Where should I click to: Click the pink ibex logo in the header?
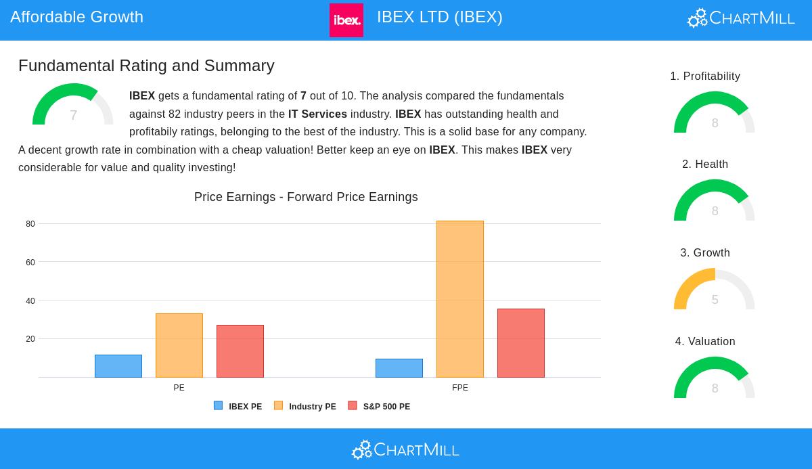click(x=346, y=20)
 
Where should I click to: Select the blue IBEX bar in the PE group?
click(x=118, y=366)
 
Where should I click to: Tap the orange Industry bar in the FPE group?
click(x=460, y=299)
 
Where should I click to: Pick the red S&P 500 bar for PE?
click(x=240, y=351)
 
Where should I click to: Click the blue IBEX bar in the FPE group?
click(x=399, y=368)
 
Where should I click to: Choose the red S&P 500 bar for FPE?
click(x=521, y=343)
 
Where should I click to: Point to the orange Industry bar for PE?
click(x=179, y=345)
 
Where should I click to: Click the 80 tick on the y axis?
click(x=30, y=224)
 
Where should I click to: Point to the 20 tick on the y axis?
click(x=30, y=339)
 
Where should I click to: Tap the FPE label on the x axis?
click(x=460, y=388)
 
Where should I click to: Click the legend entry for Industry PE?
click(x=305, y=407)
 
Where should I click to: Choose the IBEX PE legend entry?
click(x=238, y=407)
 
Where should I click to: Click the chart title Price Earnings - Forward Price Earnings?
click(x=306, y=197)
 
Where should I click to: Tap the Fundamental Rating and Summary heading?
click(x=146, y=66)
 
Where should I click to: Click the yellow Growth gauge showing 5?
click(x=715, y=291)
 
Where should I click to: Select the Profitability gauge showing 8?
click(x=715, y=114)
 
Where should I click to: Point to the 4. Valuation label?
click(x=705, y=342)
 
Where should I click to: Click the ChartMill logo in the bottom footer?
click(x=405, y=449)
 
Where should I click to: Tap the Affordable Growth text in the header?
click(x=76, y=17)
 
